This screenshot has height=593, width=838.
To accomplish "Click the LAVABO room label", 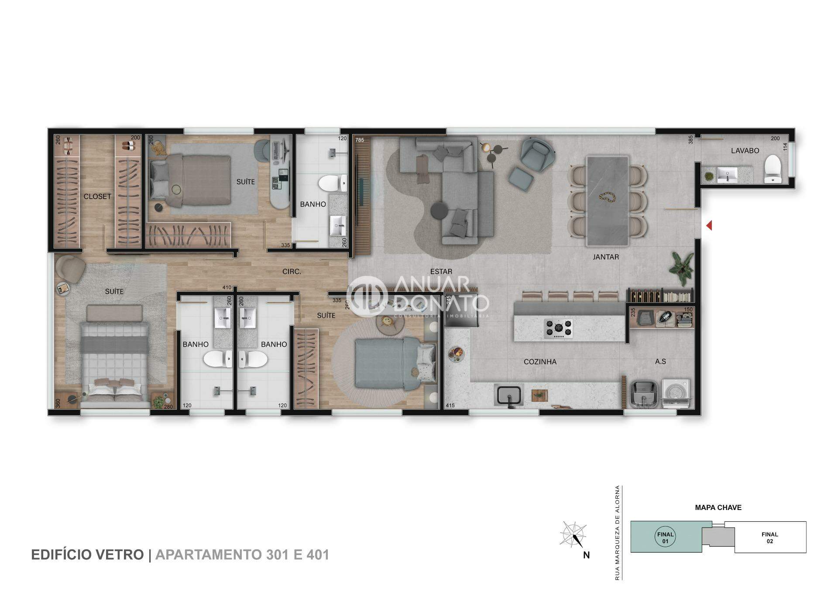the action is (745, 151).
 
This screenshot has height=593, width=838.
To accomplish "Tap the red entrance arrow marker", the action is (709, 225).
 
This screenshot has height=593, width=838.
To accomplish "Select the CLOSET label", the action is (97, 197).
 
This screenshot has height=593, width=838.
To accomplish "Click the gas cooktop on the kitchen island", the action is (558, 328).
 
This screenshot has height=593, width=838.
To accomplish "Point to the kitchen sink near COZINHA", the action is (508, 395).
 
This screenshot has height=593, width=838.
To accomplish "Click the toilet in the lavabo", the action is (772, 169).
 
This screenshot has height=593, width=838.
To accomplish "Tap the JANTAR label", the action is (606, 257).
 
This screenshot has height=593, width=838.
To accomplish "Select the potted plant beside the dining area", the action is (681, 267).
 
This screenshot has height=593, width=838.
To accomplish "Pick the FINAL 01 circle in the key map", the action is (666, 538).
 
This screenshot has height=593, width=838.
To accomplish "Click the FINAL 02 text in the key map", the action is (770, 538).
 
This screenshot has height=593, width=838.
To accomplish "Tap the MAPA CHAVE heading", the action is (718, 507).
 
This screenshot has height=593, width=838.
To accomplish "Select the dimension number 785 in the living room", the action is (360, 140).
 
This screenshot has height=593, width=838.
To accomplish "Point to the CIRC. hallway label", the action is (292, 272).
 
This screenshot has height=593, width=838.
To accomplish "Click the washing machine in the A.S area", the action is (676, 393).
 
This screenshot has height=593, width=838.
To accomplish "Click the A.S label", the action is (660, 362).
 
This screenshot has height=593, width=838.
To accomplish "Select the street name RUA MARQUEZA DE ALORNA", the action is (617, 533).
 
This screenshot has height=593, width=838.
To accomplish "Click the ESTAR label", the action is (441, 272).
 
